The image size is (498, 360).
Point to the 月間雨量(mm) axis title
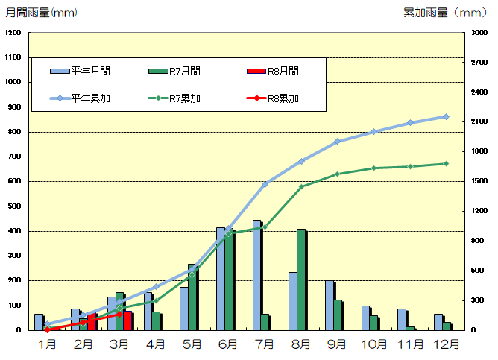point(41,13)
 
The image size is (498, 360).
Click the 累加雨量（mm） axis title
point(444,13)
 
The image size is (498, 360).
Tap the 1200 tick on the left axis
point(13,33)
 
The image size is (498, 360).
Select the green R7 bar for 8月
point(300,280)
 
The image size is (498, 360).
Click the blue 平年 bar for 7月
point(256,275)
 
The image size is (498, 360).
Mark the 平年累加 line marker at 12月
point(446,116)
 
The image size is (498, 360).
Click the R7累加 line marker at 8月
point(301,186)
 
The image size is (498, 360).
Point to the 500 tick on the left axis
point(16,206)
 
